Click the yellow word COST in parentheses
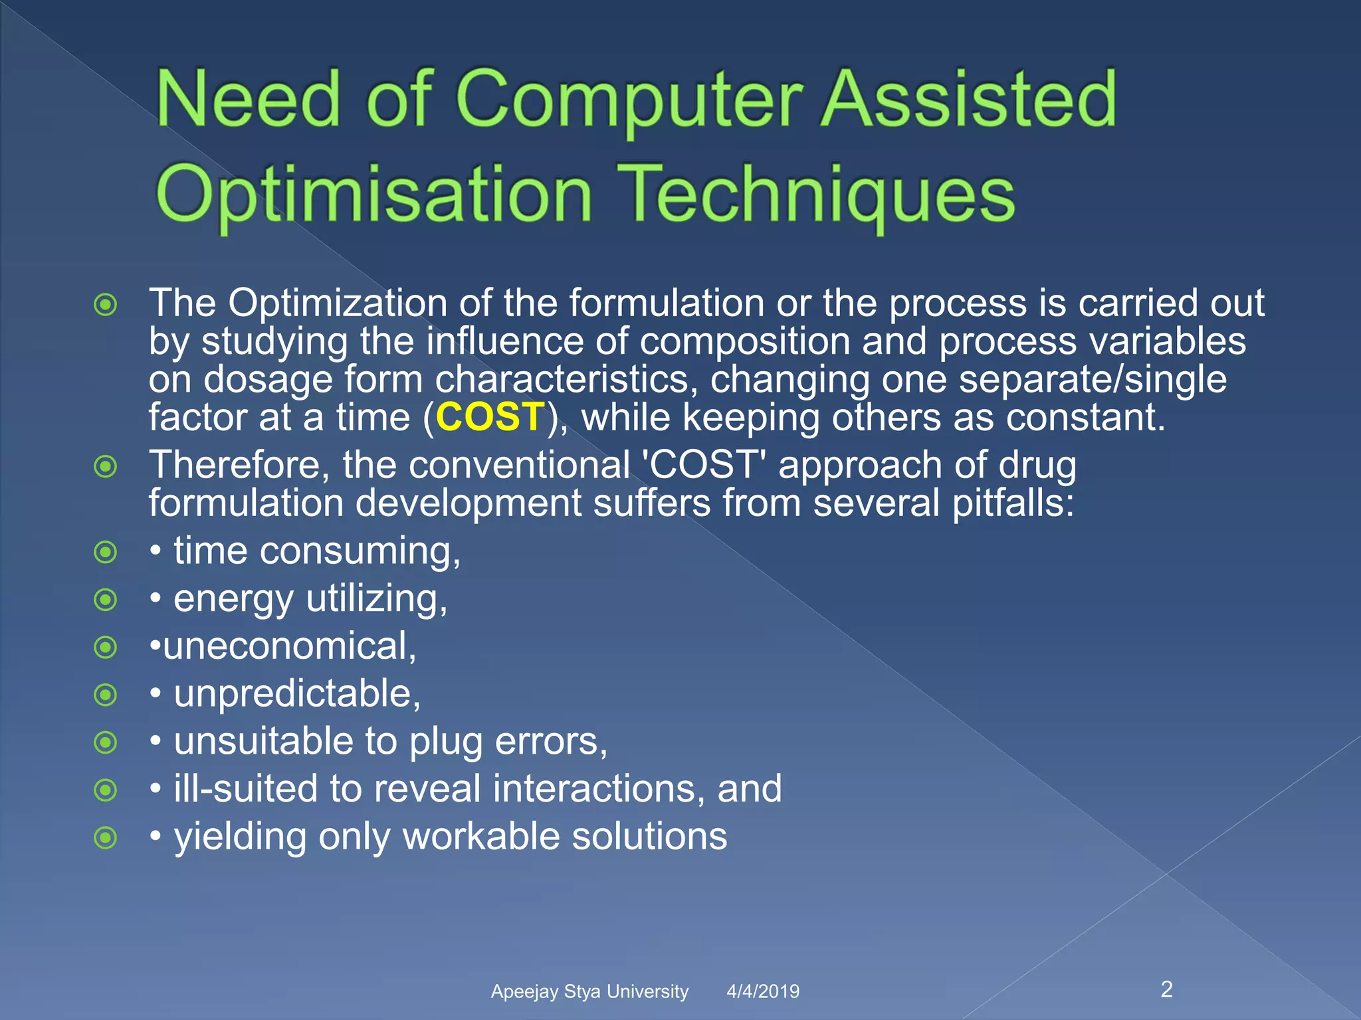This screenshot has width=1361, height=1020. click(x=490, y=418)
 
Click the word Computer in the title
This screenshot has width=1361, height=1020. click(x=630, y=100)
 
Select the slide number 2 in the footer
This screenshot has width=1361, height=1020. click(x=1166, y=989)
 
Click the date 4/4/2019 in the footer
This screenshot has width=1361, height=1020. click(x=763, y=991)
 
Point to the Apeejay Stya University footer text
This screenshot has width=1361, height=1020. click(x=589, y=991)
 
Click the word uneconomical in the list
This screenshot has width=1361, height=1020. click(x=289, y=646)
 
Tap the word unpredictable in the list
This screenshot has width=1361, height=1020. click(x=297, y=694)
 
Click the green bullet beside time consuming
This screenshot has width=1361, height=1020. click(x=106, y=552)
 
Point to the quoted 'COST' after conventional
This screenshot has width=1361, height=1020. click(x=704, y=464)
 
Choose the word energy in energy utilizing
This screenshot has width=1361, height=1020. click(x=233, y=600)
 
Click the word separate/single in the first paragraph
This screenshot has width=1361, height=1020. click(x=1093, y=380)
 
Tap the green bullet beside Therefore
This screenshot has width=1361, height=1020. click(x=106, y=466)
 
